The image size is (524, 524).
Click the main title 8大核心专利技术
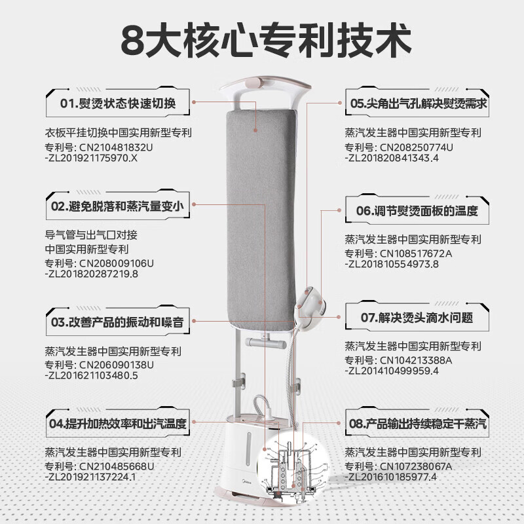point(262,41)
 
